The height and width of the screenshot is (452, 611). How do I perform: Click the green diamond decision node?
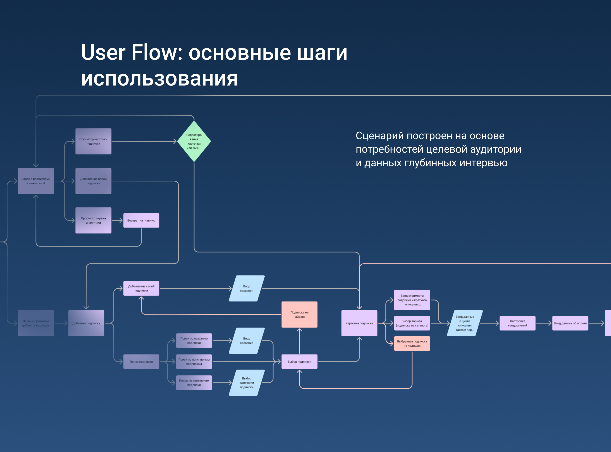tap(194, 141)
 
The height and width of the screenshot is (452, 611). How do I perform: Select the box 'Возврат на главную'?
tap(141, 220)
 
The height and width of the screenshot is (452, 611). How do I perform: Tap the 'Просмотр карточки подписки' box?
tap(93, 141)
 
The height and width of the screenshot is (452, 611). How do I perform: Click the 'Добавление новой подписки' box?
tap(93, 181)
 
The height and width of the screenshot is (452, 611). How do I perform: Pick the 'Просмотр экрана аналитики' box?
tap(93, 220)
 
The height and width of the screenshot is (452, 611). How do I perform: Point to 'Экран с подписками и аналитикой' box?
tap(36, 181)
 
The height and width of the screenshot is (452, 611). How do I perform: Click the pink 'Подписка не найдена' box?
tap(299, 314)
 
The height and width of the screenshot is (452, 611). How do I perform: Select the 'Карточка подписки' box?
tap(359, 323)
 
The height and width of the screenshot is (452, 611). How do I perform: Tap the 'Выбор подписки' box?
tap(299, 362)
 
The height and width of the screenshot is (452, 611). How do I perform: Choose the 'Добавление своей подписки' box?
tap(141, 288)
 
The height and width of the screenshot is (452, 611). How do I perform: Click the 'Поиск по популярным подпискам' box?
tap(194, 362)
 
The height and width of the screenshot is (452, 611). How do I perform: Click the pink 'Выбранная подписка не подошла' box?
tap(412, 344)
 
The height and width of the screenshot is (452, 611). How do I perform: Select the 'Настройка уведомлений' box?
tap(517, 323)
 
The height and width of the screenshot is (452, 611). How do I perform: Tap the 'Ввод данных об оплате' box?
tap(570, 323)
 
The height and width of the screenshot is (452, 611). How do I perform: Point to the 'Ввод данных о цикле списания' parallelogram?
tap(465, 323)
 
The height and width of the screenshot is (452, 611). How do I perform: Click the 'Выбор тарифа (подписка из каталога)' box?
tap(412, 323)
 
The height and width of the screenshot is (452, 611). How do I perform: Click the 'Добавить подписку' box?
tap(86, 323)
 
